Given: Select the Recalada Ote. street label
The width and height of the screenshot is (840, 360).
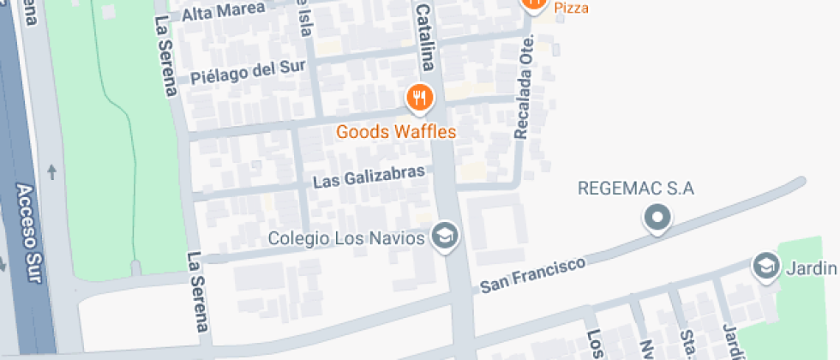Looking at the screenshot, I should click(525, 87).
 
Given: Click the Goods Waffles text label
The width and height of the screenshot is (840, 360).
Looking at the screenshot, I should click(396, 132).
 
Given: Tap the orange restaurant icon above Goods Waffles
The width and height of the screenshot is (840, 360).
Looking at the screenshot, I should click(418, 99).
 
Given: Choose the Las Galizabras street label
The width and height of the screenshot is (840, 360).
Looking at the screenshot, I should click(369, 177).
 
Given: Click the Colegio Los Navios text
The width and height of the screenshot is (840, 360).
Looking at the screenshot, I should click(346, 237).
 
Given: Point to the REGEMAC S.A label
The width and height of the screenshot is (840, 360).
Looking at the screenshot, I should click(636, 189).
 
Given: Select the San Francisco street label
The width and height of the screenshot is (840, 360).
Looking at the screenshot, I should click(531, 273).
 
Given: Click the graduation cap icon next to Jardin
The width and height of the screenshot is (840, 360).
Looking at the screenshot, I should click(765, 266).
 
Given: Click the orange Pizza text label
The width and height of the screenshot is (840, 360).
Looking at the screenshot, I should click(571, 8).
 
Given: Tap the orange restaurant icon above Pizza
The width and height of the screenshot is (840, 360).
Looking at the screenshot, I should click(533, 3).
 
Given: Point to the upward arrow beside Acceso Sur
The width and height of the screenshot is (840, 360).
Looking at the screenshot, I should click(52, 172).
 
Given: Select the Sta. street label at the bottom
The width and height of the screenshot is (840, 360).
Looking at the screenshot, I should click(687, 345).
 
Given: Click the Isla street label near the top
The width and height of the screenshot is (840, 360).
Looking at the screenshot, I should click(303, 19).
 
